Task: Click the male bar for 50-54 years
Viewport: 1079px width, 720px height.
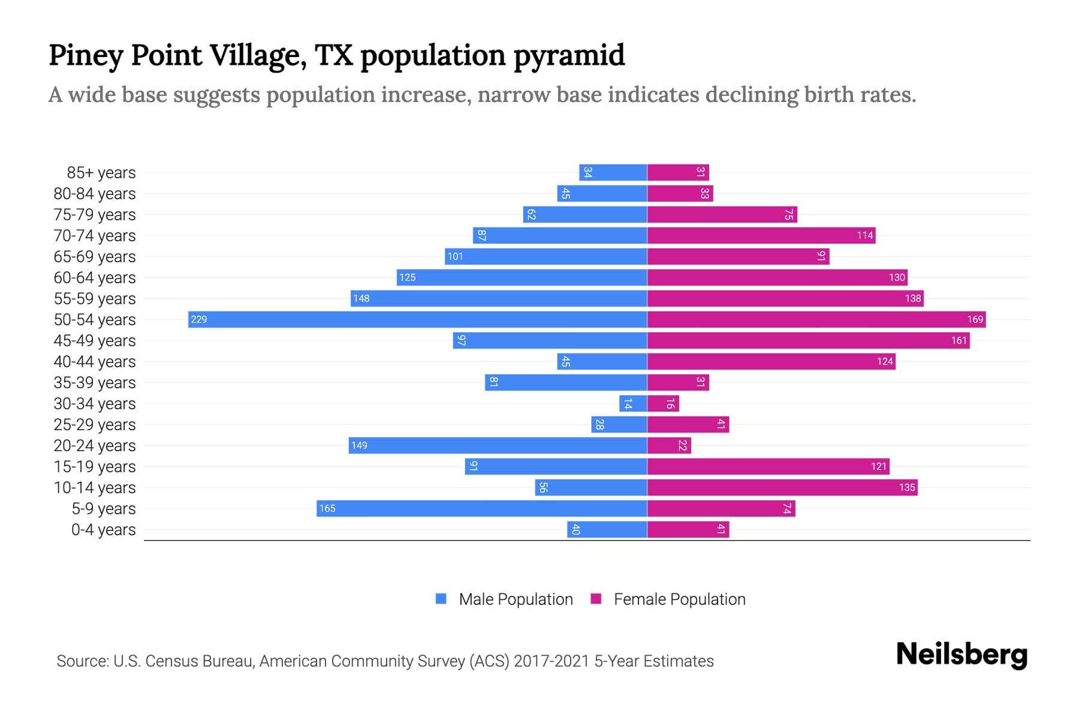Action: click(417, 319)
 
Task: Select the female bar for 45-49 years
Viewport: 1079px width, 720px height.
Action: click(808, 340)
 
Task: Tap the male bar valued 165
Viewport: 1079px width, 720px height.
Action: click(481, 508)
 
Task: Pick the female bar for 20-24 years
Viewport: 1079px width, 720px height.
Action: click(669, 445)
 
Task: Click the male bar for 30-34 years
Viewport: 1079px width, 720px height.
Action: click(633, 403)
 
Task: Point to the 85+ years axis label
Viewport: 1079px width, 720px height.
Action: click(101, 173)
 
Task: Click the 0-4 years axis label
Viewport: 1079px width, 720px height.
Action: click(103, 530)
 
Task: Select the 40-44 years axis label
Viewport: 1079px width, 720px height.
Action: click(95, 362)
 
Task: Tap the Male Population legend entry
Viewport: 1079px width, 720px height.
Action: click(504, 599)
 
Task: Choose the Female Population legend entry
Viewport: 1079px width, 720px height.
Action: click(668, 599)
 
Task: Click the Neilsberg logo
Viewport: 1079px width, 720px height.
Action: click(962, 654)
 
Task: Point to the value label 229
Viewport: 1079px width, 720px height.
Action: click(198, 319)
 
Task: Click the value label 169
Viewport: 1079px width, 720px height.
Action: click(975, 319)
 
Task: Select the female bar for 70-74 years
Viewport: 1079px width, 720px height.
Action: click(761, 235)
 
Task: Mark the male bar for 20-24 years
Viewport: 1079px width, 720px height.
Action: click(498, 445)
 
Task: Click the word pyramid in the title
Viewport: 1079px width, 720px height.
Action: click(569, 55)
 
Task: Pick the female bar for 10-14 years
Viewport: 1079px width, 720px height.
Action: click(782, 487)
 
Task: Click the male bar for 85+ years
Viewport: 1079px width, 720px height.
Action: click(613, 172)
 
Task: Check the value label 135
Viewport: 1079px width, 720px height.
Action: click(906, 487)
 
